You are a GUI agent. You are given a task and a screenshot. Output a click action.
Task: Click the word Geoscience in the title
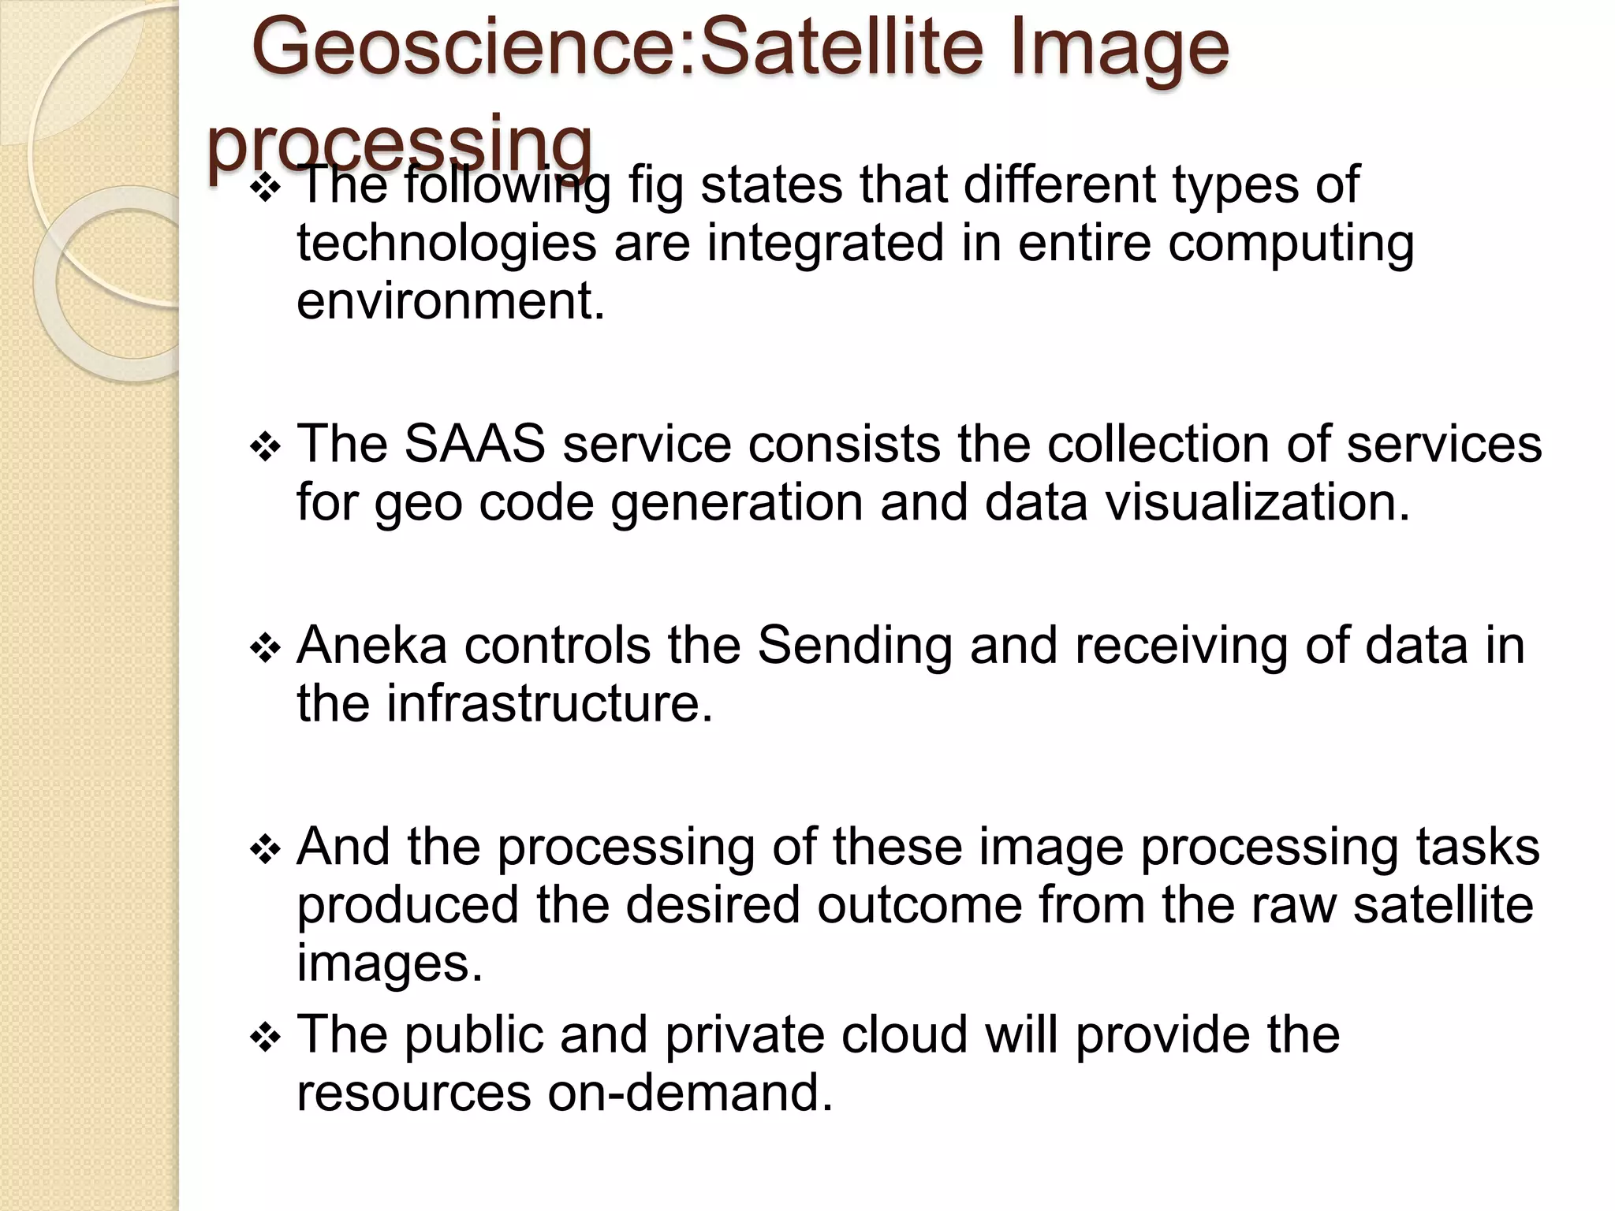pyautogui.click(x=468, y=49)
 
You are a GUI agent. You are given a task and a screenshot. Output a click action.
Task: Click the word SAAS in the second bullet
pyautogui.click(x=474, y=444)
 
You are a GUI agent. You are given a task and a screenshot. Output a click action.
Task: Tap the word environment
pyautogui.click(x=450, y=301)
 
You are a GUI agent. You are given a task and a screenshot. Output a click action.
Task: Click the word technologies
pyautogui.click(x=446, y=244)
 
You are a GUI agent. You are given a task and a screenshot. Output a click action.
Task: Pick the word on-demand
pyautogui.click(x=690, y=1094)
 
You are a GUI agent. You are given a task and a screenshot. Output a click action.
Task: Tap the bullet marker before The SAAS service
pyautogui.click(x=265, y=448)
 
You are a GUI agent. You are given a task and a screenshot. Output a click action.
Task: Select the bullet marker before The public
pyautogui.click(x=265, y=1038)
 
